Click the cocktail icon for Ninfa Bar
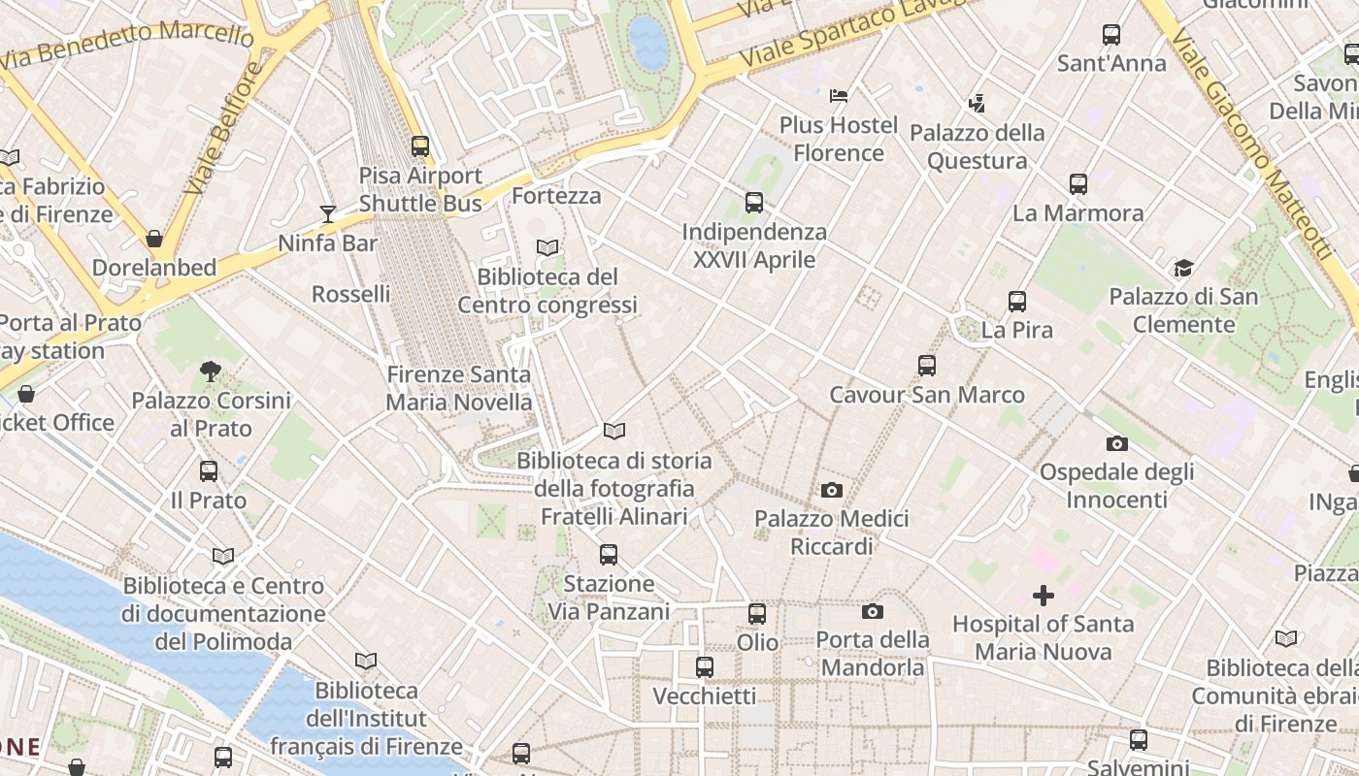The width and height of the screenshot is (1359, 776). tap(328, 213)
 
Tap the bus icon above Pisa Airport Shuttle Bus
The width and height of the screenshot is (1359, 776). tap(420, 146)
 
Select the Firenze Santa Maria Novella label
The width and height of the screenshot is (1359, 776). tap(459, 388)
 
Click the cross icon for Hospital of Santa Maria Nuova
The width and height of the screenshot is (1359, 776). tap(1044, 595)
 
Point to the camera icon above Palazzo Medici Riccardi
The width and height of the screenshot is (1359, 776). tap(832, 490)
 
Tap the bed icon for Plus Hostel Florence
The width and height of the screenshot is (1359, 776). tap(839, 96)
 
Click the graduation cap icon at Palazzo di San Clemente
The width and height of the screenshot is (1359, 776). tap(1182, 268)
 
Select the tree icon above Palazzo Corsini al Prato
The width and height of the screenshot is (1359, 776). tap(211, 371)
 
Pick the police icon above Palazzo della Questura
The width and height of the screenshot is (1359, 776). tap(977, 103)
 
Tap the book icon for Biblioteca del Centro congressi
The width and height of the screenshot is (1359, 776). tap(547, 248)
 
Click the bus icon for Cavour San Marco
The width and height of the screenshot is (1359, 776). tap(927, 366)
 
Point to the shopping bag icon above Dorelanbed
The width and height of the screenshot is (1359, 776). tap(154, 239)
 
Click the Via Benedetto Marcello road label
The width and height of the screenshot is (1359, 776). tap(126, 44)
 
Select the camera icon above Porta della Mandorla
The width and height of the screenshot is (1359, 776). tap(872, 611)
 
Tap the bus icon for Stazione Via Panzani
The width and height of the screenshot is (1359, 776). tap(609, 555)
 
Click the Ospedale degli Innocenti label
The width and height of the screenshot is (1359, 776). tap(1116, 486)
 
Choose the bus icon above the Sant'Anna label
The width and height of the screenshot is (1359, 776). tap(1111, 35)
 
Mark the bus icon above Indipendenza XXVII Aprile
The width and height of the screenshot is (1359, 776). tap(754, 203)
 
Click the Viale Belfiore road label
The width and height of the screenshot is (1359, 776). tap(224, 126)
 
